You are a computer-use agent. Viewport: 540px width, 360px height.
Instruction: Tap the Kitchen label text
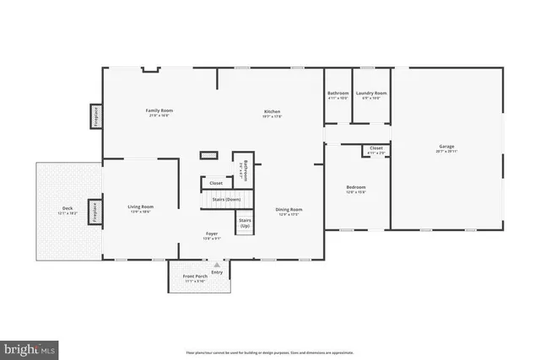(x=272, y=111)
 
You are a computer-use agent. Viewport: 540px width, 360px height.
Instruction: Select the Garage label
(x=446, y=147)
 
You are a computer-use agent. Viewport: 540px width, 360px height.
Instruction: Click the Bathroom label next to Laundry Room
(x=338, y=93)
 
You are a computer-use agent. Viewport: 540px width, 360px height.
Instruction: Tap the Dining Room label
(x=289, y=210)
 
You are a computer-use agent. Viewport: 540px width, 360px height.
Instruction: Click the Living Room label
(x=140, y=207)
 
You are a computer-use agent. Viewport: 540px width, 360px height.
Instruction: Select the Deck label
(x=67, y=208)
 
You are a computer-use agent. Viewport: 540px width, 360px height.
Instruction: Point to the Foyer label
(x=213, y=234)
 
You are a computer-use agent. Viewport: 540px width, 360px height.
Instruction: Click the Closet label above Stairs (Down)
(x=216, y=182)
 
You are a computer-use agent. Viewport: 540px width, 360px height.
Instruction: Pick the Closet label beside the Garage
(x=376, y=148)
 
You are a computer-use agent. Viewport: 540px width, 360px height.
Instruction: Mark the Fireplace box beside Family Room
(x=95, y=116)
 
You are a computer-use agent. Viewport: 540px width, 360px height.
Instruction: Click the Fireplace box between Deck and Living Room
(x=95, y=211)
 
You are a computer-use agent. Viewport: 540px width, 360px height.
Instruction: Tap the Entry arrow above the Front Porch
(x=217, y=265)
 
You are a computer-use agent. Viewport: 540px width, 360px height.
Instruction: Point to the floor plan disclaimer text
(x=270, y=352)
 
